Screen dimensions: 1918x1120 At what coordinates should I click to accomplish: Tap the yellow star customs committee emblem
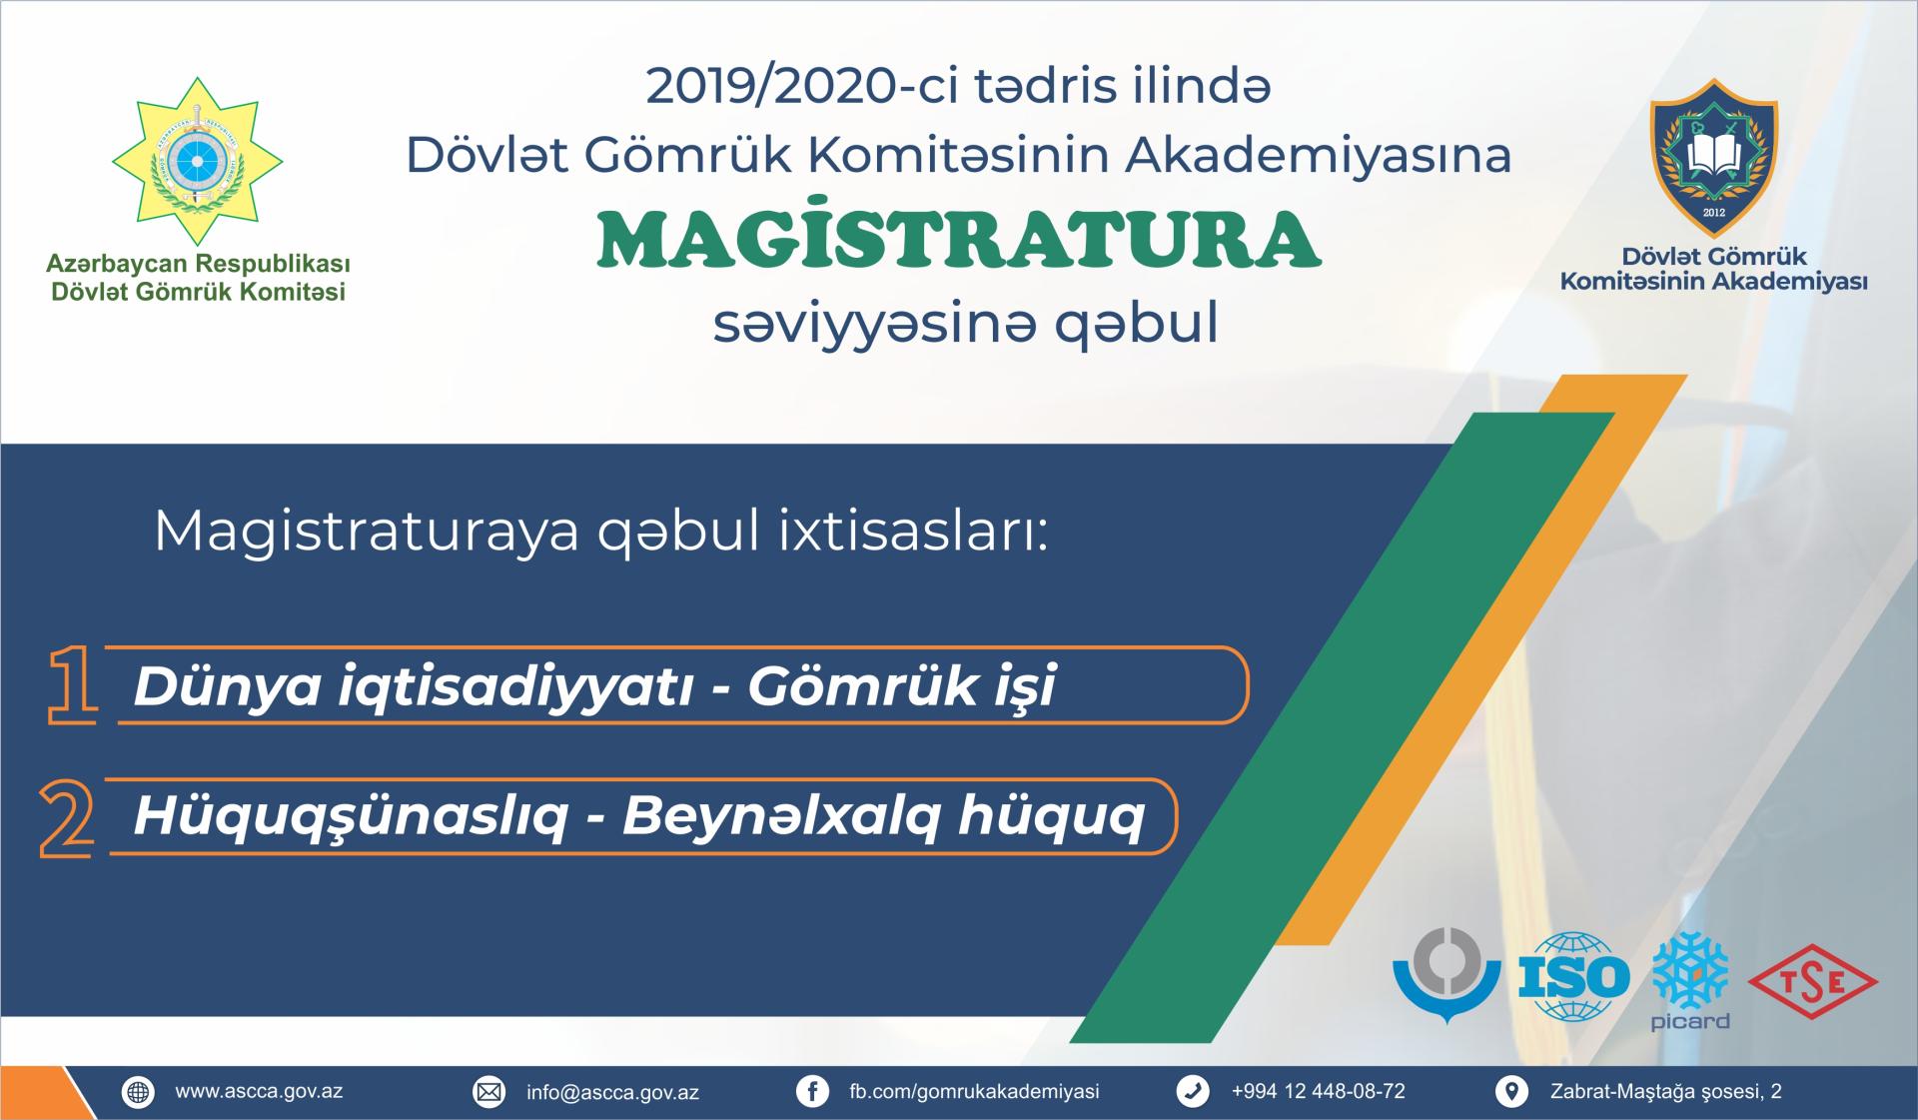click(x=197, y=160)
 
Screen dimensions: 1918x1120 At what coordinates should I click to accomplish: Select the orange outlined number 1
click(x=73, y=684)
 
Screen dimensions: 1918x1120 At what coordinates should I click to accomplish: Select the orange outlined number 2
click(x=67, y=818)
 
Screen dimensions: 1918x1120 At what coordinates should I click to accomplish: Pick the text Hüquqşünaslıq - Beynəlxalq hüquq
click(x=639, y=816)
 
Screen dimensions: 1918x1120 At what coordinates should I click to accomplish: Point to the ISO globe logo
click(x=1573, y=977)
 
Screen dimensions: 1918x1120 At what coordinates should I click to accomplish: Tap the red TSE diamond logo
click(x=1813, y=982)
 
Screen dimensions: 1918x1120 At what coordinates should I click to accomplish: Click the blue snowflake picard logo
click(x=1690, y=980)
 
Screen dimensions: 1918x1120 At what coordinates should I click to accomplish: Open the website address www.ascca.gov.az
click(x=259, y=1091)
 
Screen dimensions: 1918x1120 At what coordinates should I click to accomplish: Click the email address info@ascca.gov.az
click(x=612, y=1092)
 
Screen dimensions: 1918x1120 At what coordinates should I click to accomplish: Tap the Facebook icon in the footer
click(x=812, y=1092)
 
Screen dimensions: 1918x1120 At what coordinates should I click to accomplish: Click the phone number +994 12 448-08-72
click(x=1318, y=1091)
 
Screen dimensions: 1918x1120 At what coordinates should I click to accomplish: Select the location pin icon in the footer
click(x=1511, y=1092)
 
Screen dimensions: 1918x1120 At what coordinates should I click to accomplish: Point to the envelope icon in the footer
click(x=488, y=1092)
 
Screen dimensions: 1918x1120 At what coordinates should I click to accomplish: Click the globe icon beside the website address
click(x=138, y=1092)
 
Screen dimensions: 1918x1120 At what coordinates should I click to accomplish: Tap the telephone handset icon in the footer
click(x=1193, y=1092)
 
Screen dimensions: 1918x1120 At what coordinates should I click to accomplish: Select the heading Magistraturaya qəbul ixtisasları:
click(x=601, y=532)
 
